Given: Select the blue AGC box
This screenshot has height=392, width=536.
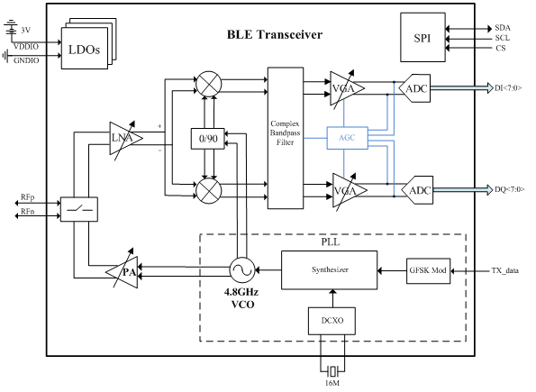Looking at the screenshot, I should pos(347,138).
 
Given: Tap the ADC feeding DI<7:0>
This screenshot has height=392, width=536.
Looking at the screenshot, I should pos(415,87).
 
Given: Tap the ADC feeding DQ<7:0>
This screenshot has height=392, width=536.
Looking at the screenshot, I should pos(415,190).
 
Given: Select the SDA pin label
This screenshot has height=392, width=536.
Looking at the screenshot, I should pos(503,28).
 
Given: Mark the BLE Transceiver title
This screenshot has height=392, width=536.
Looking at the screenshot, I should pos(275,35).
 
